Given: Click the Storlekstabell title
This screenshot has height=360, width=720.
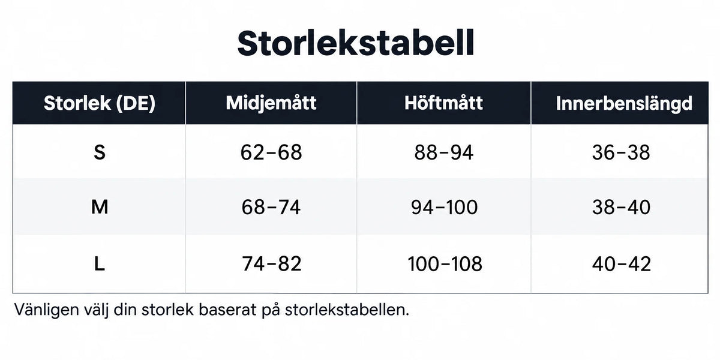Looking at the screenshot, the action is pos(355,43).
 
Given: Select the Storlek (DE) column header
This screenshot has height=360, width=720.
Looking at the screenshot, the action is pos(100,103).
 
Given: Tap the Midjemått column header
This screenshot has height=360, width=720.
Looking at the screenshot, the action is pos(271,103).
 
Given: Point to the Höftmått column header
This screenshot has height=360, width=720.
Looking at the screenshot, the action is pos(443,103).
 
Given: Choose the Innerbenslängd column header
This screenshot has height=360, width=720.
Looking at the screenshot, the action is pos(624,103).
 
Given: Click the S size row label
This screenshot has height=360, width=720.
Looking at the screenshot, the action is pos(100,152).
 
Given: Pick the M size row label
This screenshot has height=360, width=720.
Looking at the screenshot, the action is pos(100,206).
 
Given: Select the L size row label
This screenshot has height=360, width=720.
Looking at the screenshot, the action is pos(100,264).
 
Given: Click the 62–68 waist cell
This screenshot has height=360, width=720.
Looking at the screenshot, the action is pos(271,152).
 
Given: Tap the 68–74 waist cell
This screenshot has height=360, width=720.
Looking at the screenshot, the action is pos(271,207).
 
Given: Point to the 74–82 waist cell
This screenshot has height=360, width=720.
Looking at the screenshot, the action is pos(272,264).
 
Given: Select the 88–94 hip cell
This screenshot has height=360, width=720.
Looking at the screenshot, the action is pos(443,152).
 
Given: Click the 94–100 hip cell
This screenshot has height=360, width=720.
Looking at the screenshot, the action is pos(444,207).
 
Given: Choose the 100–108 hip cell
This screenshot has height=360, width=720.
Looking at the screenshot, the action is pos(445,264).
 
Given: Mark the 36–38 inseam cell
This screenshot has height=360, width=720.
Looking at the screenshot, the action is pos(621,152).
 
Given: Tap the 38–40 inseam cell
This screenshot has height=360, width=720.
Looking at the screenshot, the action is pos(622,207).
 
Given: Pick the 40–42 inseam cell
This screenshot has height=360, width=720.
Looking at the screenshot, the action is pos(622,264).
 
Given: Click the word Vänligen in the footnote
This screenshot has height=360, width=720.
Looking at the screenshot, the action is pos(47,310).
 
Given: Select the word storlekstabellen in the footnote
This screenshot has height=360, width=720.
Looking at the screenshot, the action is pos(347,310).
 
